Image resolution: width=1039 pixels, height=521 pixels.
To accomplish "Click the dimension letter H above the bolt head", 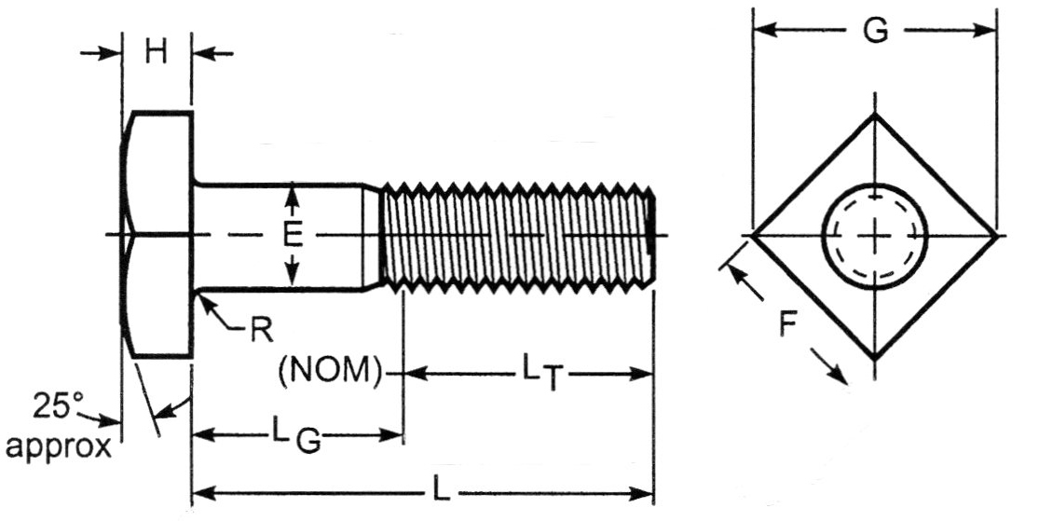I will pos(157,52).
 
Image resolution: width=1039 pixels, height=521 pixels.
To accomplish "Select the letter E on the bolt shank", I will pos(293,236).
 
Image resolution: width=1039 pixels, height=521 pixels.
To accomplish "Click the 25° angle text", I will pos(58,406).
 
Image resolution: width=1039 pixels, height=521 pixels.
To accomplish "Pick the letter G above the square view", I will pos(874,31).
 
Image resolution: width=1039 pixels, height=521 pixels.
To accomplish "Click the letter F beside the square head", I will pos(788,326).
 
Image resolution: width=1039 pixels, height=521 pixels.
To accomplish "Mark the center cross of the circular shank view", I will pos(874,236).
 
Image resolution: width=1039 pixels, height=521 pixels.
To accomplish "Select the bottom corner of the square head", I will pos(874,358).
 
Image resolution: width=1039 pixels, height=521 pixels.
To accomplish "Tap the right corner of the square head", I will pos(996,236).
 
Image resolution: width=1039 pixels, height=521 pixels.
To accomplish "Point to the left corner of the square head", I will pos(752,235).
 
